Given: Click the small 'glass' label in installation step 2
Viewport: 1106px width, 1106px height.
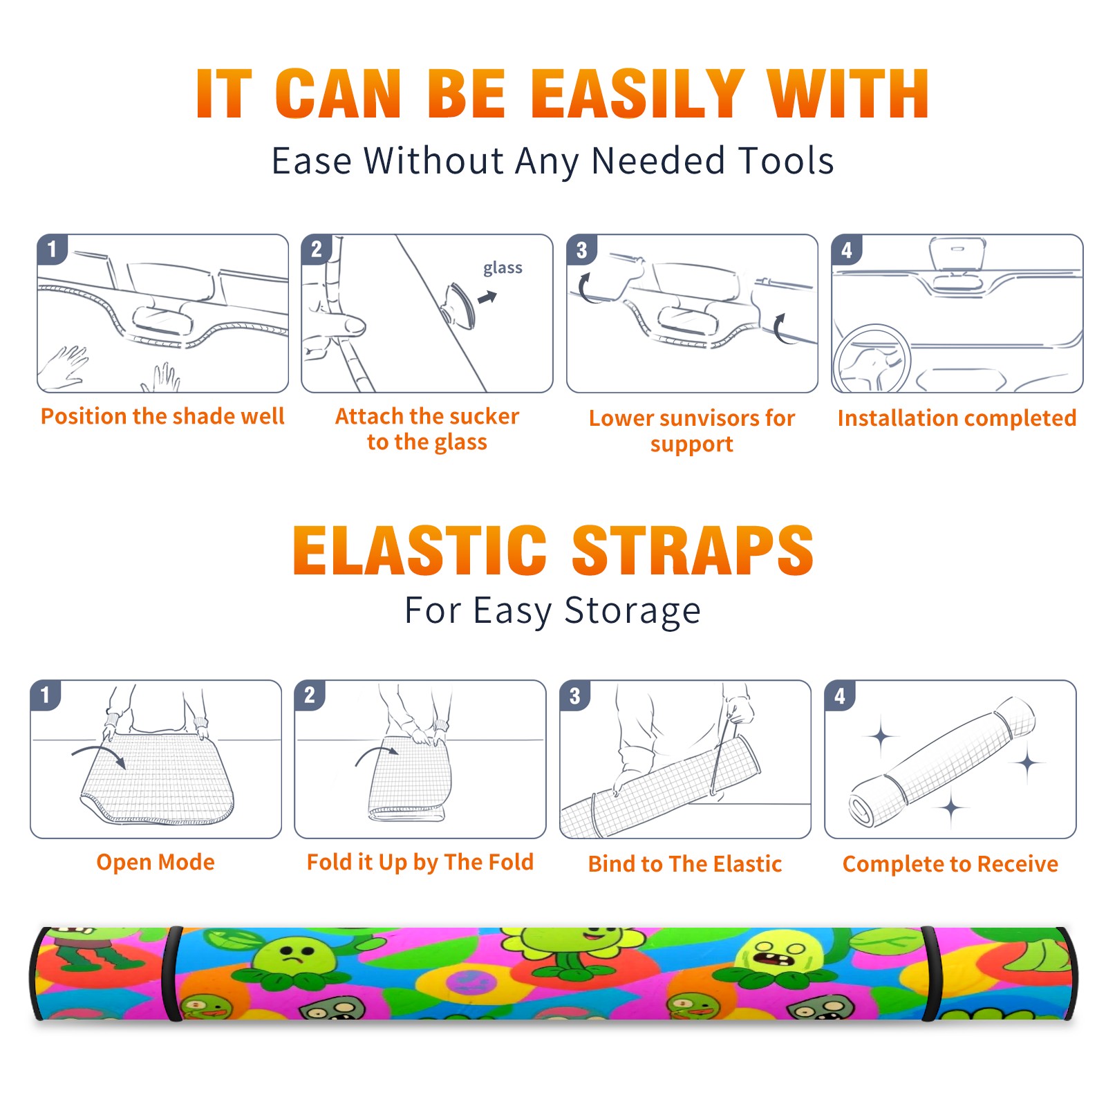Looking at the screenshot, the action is (x=503, y=268).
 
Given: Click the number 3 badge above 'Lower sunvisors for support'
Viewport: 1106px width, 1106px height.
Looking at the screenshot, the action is (x=581, y=250).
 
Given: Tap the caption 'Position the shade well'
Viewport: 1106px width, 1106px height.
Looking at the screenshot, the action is (x=162, y=416).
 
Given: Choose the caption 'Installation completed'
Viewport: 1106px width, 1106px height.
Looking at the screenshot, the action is (x=957, y=418).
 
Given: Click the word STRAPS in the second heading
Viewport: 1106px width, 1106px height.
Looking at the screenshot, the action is (x=693, y=550).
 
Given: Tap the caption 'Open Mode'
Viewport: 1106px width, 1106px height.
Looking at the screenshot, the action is (x=156, y=862).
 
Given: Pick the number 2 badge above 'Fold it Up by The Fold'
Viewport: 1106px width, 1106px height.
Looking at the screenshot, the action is (x=310, y=695).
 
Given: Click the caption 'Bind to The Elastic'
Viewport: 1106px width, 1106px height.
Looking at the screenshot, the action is (x=685, y=864).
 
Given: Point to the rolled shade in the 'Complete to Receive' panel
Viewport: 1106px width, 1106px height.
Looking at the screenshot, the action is (x=942, y=762).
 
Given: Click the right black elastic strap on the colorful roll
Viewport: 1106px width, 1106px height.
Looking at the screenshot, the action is (x=929, y=973).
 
